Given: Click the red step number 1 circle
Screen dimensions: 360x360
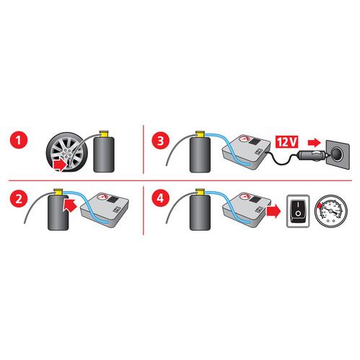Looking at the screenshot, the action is click(x=19, y=140).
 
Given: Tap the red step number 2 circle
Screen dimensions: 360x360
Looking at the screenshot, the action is click(x=19, y=198).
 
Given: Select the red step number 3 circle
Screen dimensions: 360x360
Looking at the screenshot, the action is click(x=160, y=141).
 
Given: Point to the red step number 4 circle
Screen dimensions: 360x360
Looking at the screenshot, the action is click(x=160, y=198).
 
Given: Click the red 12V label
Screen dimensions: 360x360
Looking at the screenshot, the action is click(x=286, y=142).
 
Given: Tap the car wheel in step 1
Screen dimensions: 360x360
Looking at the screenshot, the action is click(x=67, y=152).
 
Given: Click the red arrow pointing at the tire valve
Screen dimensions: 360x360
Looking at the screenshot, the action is click(x=60, y=165).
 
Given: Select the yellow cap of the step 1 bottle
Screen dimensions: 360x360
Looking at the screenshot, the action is click(x=104, y=134).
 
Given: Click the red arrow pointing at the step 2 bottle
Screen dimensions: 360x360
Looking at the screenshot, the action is click(x=70, y=205).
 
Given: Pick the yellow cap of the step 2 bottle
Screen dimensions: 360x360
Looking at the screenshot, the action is click(x=58, y=192).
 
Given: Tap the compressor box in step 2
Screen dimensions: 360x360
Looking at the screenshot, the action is click(x=105, y=209).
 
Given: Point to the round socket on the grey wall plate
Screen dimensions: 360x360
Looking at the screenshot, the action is click(x=338, y=152).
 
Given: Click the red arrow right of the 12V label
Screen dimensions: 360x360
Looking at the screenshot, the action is click(x=315, y=142).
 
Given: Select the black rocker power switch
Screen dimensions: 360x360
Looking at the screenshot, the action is click(x=298, y=210).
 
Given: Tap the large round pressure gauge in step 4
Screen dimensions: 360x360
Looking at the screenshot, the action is click(x=331, y=211).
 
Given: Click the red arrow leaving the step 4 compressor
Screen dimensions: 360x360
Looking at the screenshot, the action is click(x=273, y=211).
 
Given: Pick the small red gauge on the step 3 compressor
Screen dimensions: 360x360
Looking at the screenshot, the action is click(x=245, y=140).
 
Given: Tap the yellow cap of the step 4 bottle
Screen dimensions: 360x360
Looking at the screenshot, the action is click(x=200, y=192).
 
